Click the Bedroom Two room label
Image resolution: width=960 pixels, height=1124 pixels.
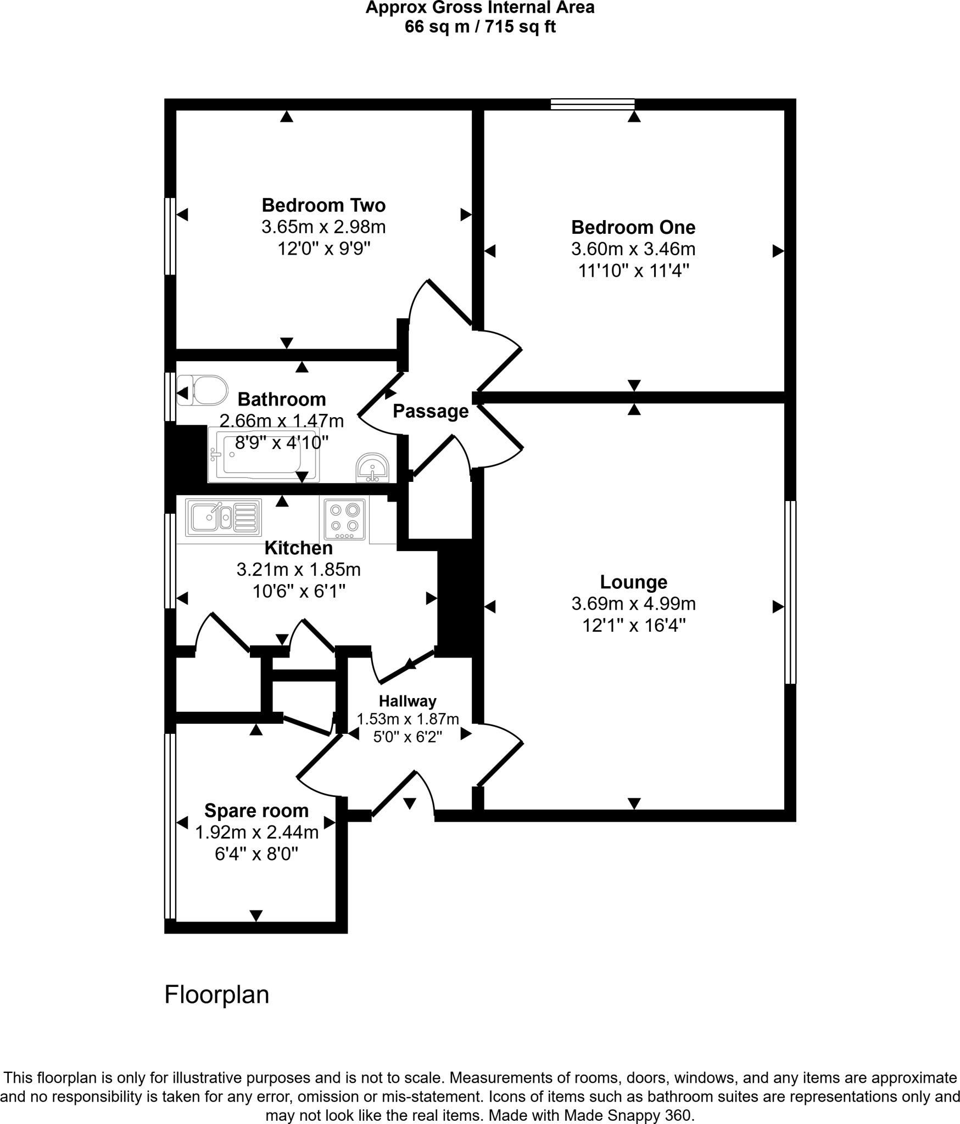323,205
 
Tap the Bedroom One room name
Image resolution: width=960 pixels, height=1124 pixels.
633,227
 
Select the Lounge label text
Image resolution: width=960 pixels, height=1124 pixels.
633,582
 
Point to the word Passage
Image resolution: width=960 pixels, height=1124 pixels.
431,411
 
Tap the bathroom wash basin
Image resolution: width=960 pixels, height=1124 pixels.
372,468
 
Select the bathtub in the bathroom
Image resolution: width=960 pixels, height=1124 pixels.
263,455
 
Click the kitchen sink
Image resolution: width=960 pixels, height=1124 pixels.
223,517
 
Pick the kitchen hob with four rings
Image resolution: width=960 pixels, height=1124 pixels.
344,519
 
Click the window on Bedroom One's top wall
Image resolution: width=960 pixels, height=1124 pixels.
593,104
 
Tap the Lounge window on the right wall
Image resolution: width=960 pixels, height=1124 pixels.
790,592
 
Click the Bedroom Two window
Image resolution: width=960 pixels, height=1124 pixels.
170,236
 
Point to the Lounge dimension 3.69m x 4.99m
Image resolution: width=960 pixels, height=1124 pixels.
633,604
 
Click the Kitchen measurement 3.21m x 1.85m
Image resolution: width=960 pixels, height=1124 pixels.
298,570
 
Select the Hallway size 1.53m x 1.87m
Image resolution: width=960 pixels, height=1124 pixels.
408,719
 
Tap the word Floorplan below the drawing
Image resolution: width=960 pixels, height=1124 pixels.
217,994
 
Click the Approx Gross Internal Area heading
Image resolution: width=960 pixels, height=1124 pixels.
480,8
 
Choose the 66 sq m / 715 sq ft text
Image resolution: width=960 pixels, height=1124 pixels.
480,27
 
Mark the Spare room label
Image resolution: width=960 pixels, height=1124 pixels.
256,811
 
